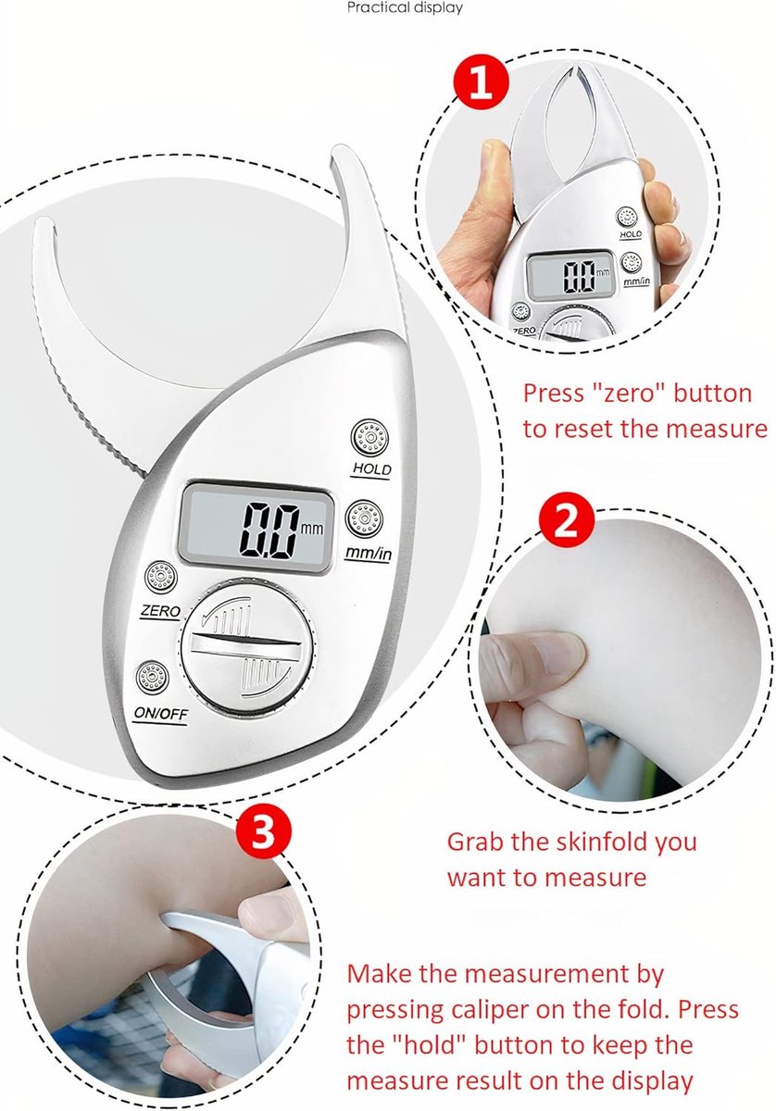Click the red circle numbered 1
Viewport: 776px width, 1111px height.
482,82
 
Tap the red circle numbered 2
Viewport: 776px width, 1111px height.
567,520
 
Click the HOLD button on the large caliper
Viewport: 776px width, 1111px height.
369,438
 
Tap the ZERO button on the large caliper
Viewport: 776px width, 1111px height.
161,577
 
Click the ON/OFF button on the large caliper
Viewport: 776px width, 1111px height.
152,678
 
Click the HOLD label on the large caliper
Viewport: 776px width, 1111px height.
371,468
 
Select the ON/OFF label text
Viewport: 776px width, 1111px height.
161,714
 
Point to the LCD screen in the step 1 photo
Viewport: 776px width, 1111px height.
570,275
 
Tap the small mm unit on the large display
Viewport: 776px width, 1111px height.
312,528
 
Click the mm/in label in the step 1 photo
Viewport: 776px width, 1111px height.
636,281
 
